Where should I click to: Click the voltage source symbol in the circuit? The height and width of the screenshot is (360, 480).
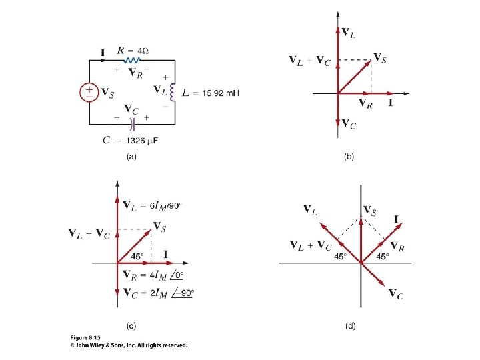(90, 92)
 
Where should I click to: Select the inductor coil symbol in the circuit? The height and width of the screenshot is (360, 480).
(173, 92)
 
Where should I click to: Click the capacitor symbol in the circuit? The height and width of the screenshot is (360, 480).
(133, 123)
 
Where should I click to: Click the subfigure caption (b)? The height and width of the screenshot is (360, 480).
(349, 157)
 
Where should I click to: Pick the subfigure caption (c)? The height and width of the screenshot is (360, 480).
(131, 326)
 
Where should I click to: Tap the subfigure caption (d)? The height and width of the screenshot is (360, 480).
(349, 326)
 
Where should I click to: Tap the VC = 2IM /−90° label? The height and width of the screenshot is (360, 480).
(159, 292)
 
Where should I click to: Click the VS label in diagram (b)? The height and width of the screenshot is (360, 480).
(379, 58)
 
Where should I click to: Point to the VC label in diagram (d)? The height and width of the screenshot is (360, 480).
(395, 294)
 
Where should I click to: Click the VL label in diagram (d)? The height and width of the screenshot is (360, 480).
(310, 211)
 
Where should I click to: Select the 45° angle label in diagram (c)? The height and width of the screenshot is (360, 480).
(138, 255)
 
